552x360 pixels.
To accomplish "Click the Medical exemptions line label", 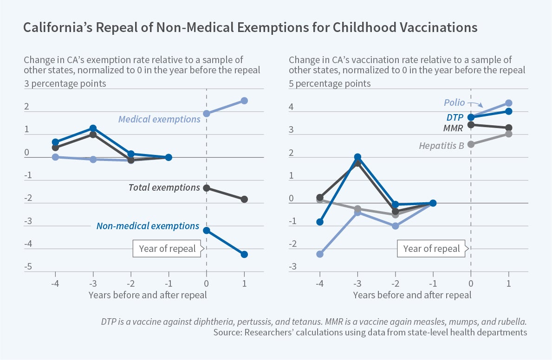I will (x=159, y=119).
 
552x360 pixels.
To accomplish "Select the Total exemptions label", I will (x=164, y=187).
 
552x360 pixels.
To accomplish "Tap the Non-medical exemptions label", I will (x=148, y=226).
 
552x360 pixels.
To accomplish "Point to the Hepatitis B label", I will (x=442, y=146).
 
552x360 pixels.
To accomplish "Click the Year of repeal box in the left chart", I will (x=168, y=248).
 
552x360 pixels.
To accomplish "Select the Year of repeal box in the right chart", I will (x=431, y=248).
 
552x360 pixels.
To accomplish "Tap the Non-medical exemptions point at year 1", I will (x=244, y=254).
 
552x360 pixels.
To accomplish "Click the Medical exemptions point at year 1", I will (x=244, y=101).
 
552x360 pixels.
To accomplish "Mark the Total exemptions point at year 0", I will (x=207, y=188).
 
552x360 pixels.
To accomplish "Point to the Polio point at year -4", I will (x=319, y=254).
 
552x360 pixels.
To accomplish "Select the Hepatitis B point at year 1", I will (x=509, y=134).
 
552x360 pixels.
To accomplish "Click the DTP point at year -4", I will (x=319, y=222).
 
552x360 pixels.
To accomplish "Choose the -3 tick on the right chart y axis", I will (x=292, y=267).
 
